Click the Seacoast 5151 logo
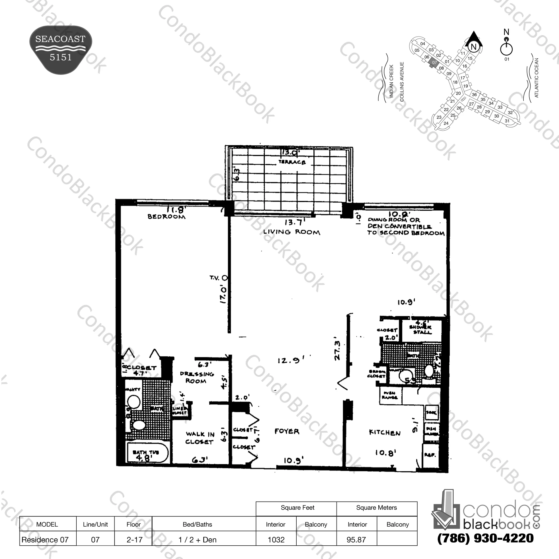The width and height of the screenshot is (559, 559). (61, 49)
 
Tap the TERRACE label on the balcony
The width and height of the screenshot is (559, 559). (292, 162)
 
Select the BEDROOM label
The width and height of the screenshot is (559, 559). (166, 217)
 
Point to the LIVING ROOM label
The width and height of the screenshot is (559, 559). (291, 232)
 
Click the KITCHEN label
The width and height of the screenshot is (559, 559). (384, 433)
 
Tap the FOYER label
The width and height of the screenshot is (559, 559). (287, 431)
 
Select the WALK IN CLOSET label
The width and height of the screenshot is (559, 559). (200, 438)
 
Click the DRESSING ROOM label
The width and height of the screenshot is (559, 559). (197, 377)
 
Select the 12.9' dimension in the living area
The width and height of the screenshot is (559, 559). (290, 361)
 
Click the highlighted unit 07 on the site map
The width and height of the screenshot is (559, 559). (434, 63)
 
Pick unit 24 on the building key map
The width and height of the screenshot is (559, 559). (446, 123)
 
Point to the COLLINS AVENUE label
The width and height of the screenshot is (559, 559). (401, 82)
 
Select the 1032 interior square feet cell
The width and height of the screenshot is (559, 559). (276, 539)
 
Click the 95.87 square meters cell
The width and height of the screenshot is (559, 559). (356, 539)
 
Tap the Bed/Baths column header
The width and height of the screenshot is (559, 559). (197, 524)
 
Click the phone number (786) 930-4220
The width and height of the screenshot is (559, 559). (485, 538)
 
